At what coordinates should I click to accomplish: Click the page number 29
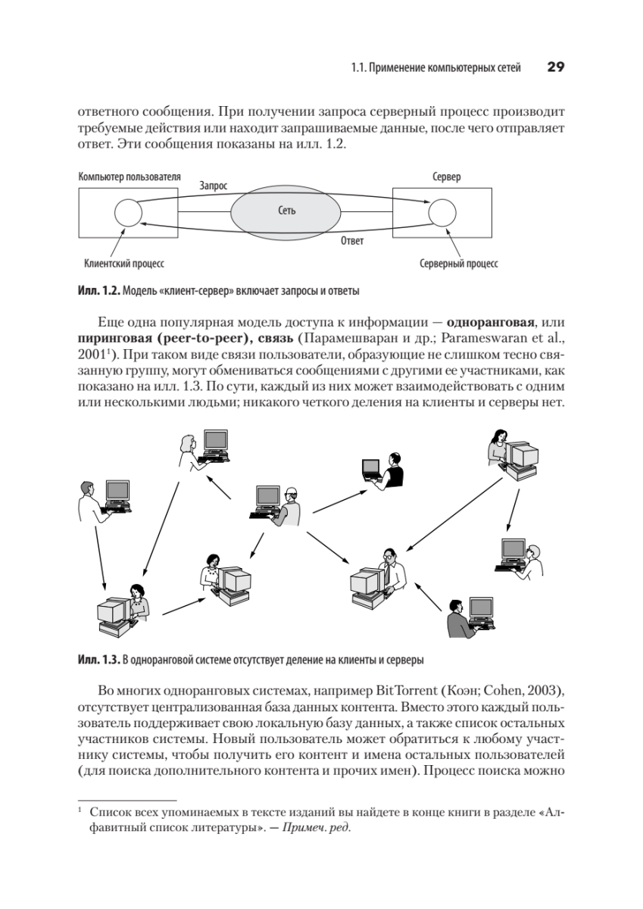click(555, 67)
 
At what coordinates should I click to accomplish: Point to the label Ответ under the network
click(352, 241)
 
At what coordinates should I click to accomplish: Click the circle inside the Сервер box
click(442, 212)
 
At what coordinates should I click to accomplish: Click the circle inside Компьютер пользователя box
click(127, 212)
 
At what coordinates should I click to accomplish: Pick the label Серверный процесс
click(458, 264)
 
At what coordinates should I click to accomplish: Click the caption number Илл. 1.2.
click(98, 291)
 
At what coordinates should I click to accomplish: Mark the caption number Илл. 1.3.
click(98, 660)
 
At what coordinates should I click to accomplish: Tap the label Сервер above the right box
click(446, 176)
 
